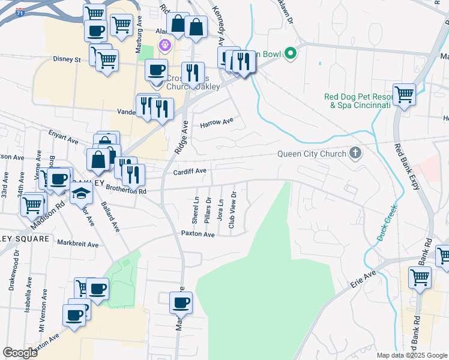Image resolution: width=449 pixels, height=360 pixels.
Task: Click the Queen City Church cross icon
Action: [355, 153]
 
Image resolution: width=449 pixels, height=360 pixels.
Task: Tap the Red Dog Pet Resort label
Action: [357, 101]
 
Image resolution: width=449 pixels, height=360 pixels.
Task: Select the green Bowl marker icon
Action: [291, 54]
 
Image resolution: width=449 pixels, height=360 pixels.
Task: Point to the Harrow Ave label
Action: [216, 122]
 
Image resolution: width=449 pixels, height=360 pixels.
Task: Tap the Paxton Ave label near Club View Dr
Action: [197, 234]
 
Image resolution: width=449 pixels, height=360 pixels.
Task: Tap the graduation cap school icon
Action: [82, 193]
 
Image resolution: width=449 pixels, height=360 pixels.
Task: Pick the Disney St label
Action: [67, 59]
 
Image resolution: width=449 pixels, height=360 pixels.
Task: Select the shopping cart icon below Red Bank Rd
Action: [420, 277]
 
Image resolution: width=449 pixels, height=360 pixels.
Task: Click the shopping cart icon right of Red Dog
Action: [404, 94]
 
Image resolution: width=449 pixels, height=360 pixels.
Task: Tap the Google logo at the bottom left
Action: [20, 353]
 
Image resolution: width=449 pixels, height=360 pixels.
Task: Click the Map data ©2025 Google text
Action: [411, 355]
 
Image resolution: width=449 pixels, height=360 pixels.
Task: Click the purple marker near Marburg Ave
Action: [164, 45]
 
